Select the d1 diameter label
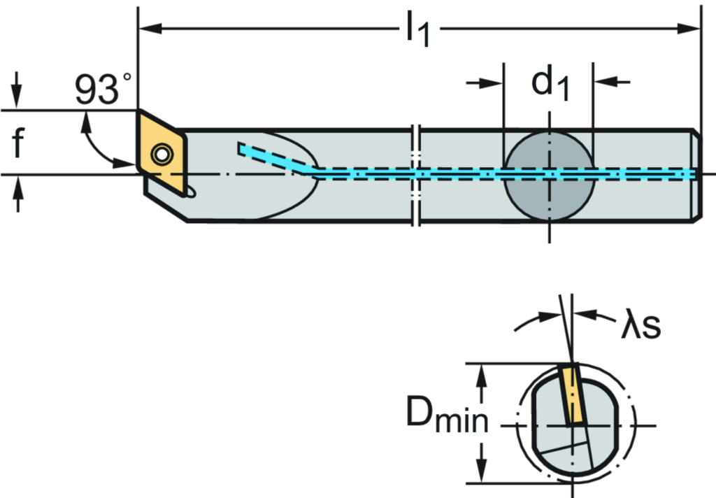point(548,83)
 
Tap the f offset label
point(17,143)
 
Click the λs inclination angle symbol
point(639,325)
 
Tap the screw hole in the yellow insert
point(162,153)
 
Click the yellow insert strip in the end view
point(574,395)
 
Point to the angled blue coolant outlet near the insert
point(273,157)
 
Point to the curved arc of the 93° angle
point(94,143)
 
